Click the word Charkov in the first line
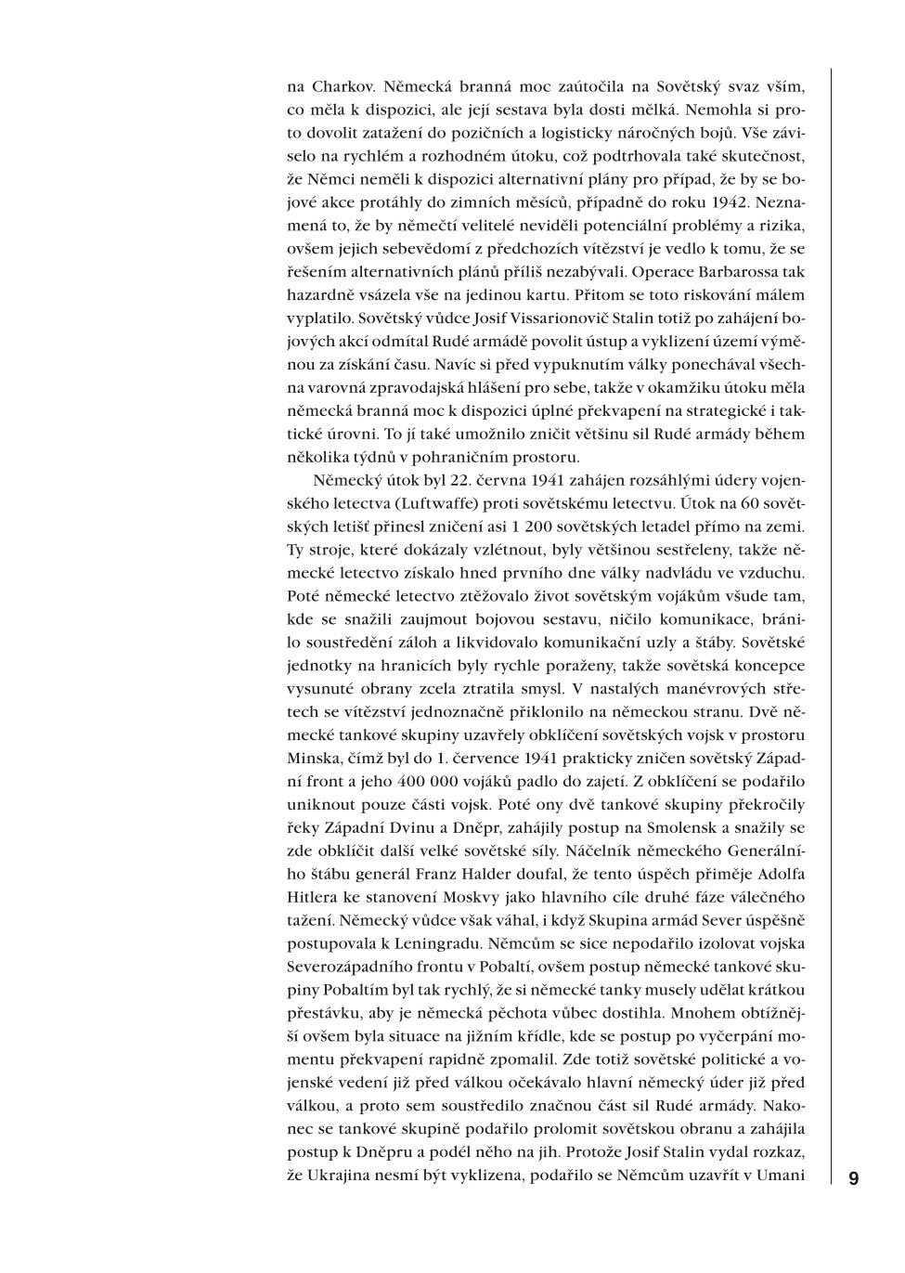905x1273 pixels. (x=340, y=88)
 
